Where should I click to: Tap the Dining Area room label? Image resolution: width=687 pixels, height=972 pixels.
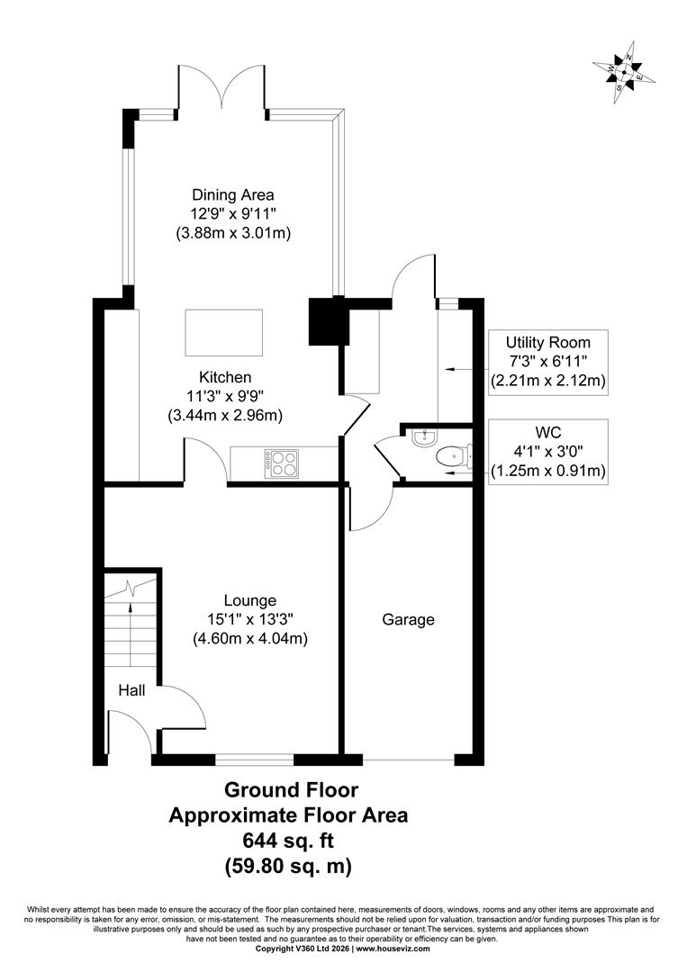(232, 194)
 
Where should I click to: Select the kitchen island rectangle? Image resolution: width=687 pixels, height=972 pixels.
(223, 333)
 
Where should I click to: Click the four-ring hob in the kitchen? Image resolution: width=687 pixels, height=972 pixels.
(282, 463)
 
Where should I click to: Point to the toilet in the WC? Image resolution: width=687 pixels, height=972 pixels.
(455, 457)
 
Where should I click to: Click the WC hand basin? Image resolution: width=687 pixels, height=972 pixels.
(423, 437)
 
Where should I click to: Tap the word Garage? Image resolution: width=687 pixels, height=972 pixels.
(408, 619)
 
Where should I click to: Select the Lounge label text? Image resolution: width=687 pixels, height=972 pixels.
(250, 600)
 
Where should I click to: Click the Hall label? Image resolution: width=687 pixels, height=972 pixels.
(131, 690)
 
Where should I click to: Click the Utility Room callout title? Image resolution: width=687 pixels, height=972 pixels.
(547, 342)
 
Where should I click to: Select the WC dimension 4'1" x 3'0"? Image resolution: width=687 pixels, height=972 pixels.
(547, 452)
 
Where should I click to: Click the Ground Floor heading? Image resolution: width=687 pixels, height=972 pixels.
(291, 790)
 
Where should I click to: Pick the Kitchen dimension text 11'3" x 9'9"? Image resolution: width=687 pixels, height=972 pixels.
(225, 395)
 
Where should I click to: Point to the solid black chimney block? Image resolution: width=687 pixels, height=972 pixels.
(326, 320)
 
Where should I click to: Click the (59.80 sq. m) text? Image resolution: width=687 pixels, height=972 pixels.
(288, 866)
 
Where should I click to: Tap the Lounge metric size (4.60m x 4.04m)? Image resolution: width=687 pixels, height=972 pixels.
(250, 638)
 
